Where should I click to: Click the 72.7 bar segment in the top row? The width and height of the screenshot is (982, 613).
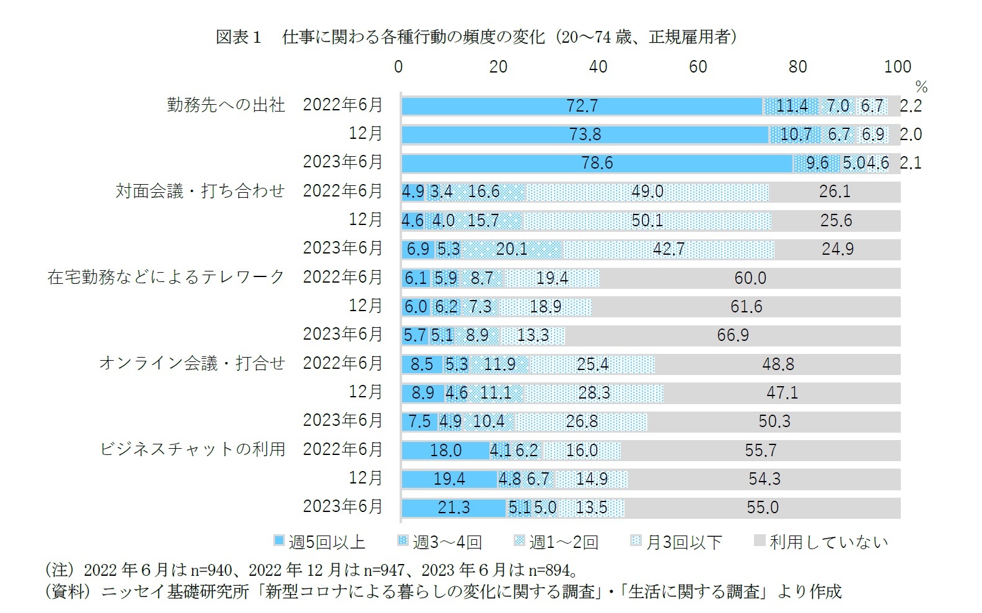(x=582, y=106)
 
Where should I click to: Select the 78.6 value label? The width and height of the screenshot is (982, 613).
(x=597, y=163)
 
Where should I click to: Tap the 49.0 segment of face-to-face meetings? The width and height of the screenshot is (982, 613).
(x=647, y=192)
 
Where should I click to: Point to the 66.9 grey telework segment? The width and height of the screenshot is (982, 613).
(x=733, y=335)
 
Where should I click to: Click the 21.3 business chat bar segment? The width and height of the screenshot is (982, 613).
(x=454, y=508)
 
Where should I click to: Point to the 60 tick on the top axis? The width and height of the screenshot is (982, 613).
(x=698, y=67)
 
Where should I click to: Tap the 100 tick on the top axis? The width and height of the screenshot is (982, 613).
(x=897, y=67)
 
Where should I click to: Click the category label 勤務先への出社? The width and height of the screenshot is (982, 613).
(x=226, y=105)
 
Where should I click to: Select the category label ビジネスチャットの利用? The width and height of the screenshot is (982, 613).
(x=193, y=449)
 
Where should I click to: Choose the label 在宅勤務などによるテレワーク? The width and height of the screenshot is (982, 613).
(x=165, y=276)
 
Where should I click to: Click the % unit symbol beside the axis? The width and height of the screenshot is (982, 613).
(x=921, y=87)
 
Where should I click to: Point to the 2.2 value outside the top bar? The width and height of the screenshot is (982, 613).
(x=911, y=106)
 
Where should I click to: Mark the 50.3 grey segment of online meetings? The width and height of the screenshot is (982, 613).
(x=774, y=421)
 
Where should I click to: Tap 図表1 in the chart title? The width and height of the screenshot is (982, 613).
(x=238, y=37)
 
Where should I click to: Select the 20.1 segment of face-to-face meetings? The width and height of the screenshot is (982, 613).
(x=511, y=249)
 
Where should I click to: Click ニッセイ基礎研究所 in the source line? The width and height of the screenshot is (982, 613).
(x=175, y=592)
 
